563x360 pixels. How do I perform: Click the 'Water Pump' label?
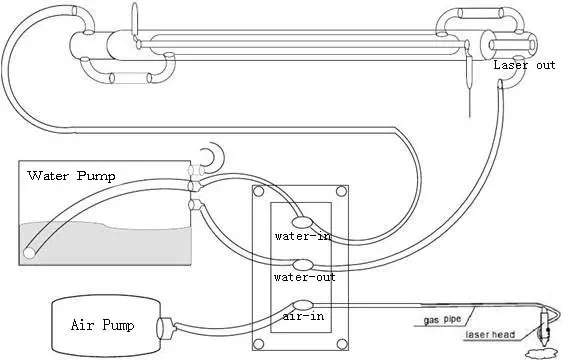pyautogui.click(x=71, y=176)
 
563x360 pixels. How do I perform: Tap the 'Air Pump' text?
pyautogui.click(x=102, y=325)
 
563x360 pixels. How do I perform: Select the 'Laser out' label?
pyautogui.click(x=524, y=65)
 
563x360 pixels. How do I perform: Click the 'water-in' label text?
pyautogui.click(x=302, y=236)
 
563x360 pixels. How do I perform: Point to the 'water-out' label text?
pyautogui.click(x=304, y=277)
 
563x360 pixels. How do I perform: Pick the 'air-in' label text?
pyautogui.click(x=303, y=316)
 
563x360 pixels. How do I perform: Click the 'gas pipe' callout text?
pyautogui.click(x=442, y=319)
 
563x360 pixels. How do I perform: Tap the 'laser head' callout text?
pyautogui.click(x=490, y=335)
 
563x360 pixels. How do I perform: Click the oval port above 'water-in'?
pyautogui.click(x=302, y=222)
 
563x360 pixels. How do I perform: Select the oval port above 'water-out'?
pyautogui.click(x=303, y=265)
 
